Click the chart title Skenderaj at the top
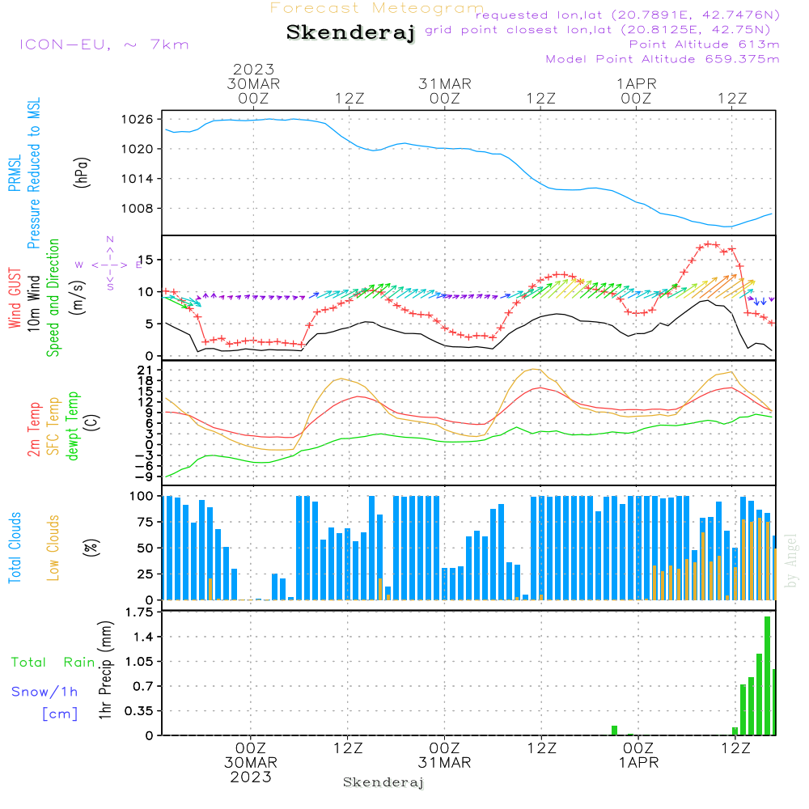(350, 33)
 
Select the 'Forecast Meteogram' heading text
(376, 8)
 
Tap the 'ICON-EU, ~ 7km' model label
(104, 44)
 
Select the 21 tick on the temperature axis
(146, 370)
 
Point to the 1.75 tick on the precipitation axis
(140, 612)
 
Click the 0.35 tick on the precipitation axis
(140, 710)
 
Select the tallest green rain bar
(767, 676)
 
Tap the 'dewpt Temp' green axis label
(73, 427)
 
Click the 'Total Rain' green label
(53, 663)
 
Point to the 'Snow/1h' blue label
(44, 693)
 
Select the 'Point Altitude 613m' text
(704, 44)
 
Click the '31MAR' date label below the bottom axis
(444, 762)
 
